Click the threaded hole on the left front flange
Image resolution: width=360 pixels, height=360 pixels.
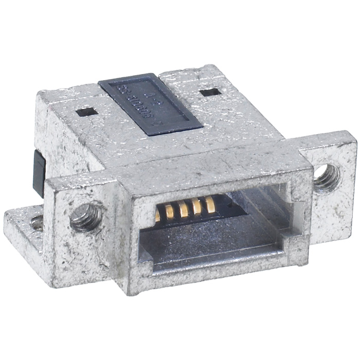pos(84,217)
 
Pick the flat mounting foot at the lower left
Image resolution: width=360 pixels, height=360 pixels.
pos(23,224)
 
